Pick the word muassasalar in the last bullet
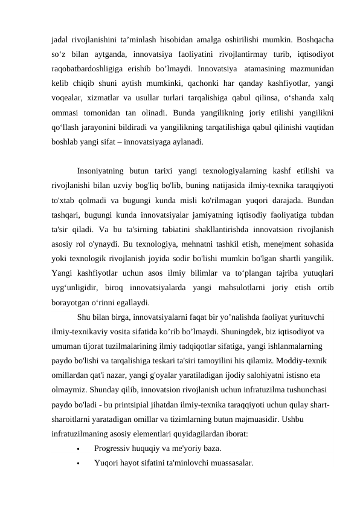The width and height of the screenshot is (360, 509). click(228, 463)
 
